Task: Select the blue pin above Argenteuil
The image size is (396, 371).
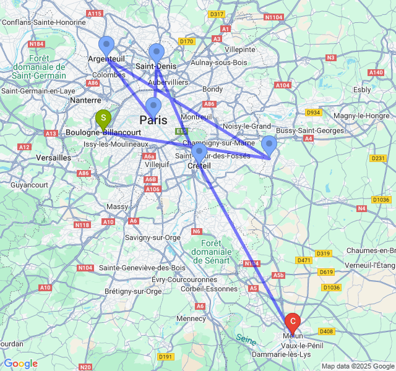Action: tap(106, 46)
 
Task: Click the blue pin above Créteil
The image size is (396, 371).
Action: tap(199, 152)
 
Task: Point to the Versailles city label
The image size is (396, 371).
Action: tap(54, 158)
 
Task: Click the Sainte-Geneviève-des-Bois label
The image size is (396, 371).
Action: tap(142, 268)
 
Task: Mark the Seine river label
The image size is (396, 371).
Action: tap(246, 339)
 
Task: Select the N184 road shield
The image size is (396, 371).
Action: tap(37, 44)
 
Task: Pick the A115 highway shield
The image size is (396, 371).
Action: tap(95, 13)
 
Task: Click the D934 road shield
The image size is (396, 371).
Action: tap(314, 112)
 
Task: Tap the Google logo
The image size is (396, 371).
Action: tap(20, 364)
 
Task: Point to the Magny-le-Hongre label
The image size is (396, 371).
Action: tap(361, 116)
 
